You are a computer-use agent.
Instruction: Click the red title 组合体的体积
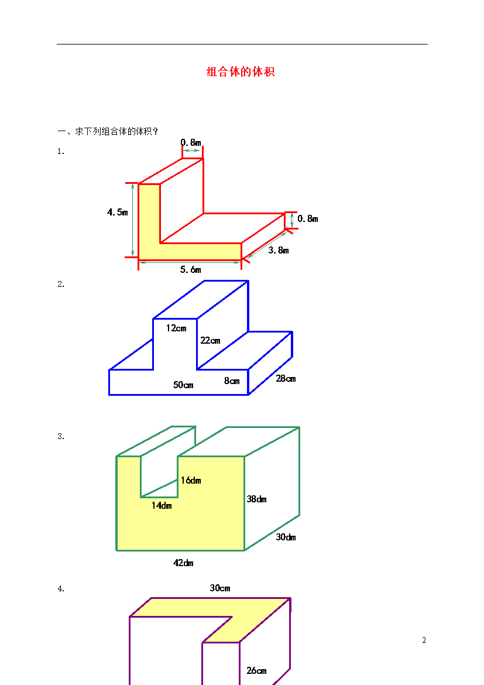click(241, 71)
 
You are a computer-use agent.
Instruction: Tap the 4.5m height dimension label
click(118, 213)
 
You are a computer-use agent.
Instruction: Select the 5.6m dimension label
click(190, 269)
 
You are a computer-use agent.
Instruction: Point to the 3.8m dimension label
click(278, 251)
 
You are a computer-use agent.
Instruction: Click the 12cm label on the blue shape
click(176, 328)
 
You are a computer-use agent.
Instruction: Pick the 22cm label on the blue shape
click(210, 340)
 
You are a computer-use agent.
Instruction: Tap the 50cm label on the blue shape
click(183, 385)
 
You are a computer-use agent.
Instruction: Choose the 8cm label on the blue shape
click(232, 381)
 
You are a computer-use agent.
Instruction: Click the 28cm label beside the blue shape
click(286, 378)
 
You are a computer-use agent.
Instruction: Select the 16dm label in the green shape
click(191, 481)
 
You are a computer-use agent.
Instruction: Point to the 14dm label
click(162, 505)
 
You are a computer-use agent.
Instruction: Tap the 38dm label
click(256, 499)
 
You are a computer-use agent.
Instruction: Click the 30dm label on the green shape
click(286, 537)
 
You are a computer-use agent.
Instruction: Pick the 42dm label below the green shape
click(183, 563)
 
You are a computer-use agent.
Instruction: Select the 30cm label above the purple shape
click(219, 588)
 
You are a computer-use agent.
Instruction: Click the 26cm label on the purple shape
click(256, 670)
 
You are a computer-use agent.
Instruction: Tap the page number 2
click(424, 640)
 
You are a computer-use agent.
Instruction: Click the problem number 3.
click(61, 436)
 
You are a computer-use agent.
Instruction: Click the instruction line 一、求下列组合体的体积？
click(108, 131)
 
